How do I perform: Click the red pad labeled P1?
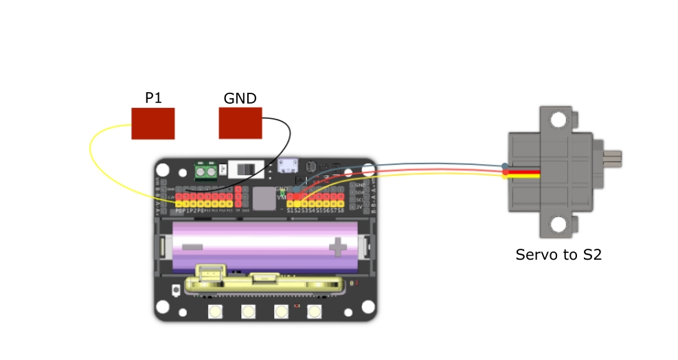pyautogui.click(x=152, y=124)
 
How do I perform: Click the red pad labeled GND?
pyautogui.click(x=240, y=124)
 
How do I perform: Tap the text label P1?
pyautogui.click(x=153, y=98)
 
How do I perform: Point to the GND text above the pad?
pyautogui.click(x=240, y=98)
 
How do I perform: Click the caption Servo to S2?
pyautogui.click(x=558, y=255)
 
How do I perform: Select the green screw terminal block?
pyautogui.click(x=207, y=170)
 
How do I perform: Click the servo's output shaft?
pyautogui.click(x=613, y=159)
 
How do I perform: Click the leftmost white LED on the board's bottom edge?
pyautogui.click(x=216, y=312)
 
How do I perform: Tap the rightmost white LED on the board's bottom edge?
pyautogui.click(x=315, y=312)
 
